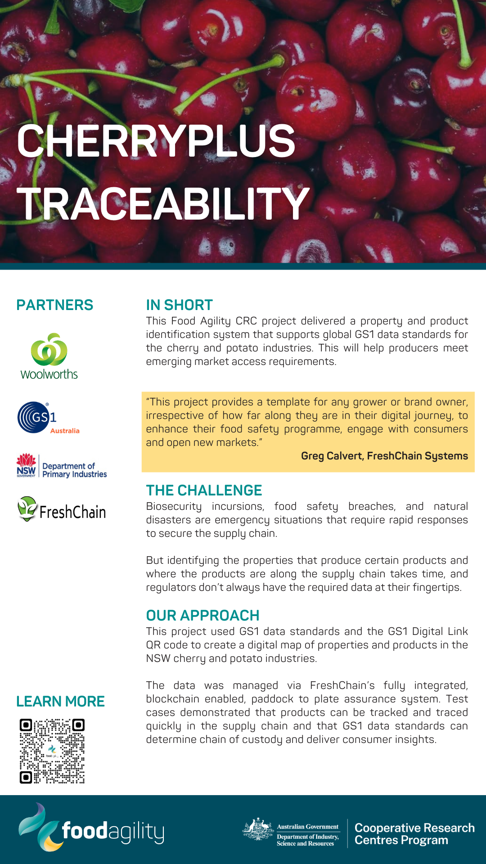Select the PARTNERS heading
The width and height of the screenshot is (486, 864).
click(x=54, y=305)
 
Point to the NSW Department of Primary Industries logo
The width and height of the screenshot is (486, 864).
click(x=62, y=466)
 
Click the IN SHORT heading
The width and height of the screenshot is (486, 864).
click(x=179, y=305)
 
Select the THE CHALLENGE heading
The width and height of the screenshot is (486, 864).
click(x=204, y=490)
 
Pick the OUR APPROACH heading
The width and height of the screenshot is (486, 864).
click(x=202, y=616)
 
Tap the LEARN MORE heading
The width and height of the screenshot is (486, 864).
click(x=60, y=702)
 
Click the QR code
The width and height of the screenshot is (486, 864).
click(x=52, y=751)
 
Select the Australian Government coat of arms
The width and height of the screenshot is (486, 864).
click(x=258, y=829)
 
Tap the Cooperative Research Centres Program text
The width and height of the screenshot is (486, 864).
click(x=414, y=834)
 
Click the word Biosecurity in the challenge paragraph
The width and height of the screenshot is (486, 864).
click(x=174, y=507)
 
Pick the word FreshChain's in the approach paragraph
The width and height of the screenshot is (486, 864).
click(x=342, y=685)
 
